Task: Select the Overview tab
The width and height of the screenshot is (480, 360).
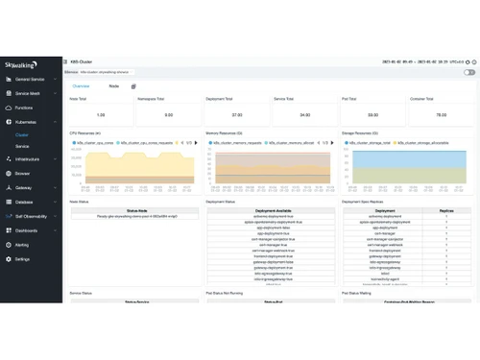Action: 81,85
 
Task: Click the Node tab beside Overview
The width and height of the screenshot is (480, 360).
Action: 113,85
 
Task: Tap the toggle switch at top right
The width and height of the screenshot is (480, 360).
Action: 469,72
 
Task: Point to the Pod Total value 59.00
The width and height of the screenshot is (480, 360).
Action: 373,114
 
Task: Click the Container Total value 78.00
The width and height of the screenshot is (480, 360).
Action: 441,114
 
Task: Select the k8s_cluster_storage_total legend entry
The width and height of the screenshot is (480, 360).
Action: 375,141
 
